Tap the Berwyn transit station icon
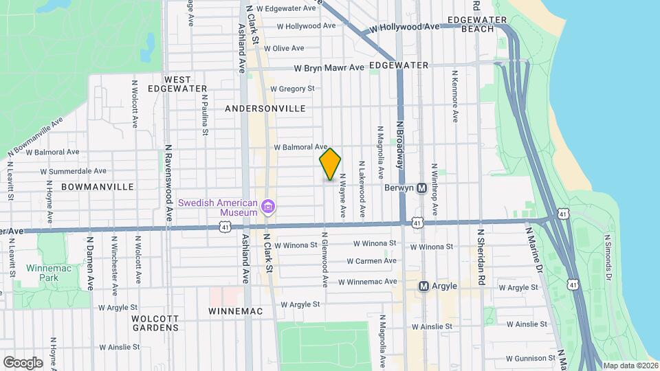(422, 188)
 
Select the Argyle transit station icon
(423, 286)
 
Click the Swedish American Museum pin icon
(268, 206)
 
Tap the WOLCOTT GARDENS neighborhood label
(157, 323)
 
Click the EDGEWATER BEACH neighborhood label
(471, 24)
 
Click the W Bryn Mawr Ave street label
(329, 68)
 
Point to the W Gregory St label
(292, 89)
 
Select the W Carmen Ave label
(371, 261)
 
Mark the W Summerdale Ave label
(73, 171)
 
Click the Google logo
(23, 362)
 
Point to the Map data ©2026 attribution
(630, 366)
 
